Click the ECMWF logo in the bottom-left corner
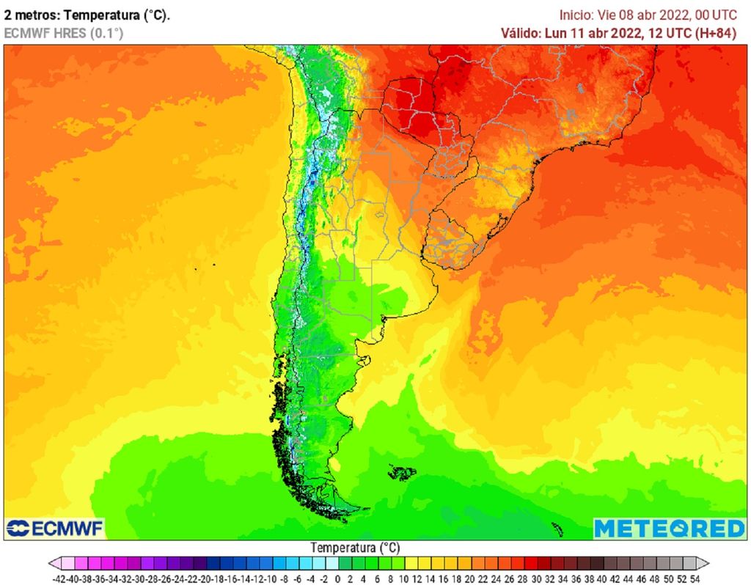click(x=54, y=528)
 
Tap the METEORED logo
click(x=669, y=528)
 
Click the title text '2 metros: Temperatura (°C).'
click(x=87, y=15)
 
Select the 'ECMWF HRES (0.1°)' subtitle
click(x=64, y=32)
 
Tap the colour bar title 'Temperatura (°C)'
click(x=355, y=548)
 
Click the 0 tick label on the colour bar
click(x=337, y=578)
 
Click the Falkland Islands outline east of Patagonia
click(x=402, y=473)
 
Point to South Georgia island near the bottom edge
click(x=557, y=528)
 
